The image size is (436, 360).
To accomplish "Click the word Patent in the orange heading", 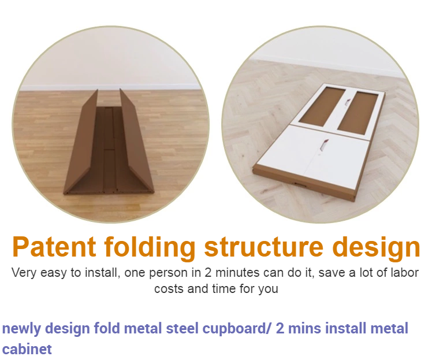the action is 54,247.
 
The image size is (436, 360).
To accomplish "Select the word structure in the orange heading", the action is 263,247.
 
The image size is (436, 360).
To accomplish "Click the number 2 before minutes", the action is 208,273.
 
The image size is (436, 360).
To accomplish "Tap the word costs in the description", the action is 169,289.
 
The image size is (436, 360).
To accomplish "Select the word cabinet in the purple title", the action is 27,349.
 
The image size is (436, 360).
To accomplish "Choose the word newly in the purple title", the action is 21,329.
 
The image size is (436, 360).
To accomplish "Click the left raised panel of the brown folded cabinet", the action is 80,142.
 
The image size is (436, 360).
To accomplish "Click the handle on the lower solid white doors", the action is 324,145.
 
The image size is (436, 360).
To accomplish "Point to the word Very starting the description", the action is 24,273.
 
